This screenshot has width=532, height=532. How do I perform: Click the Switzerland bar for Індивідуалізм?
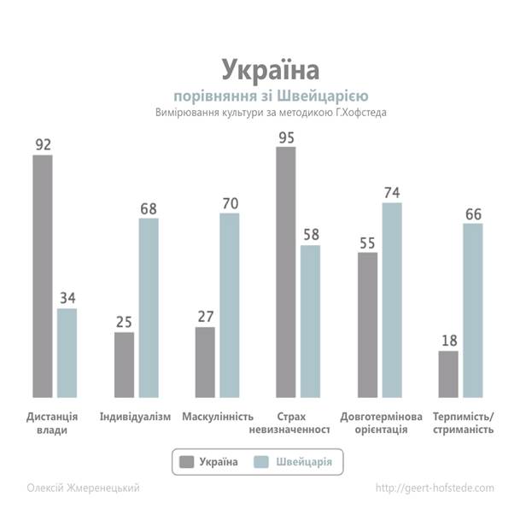(x=149, y=307)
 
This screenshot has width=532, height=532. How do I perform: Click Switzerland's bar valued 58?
(x=311, y=321)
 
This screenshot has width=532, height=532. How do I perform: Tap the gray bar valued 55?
(x=367, y=324)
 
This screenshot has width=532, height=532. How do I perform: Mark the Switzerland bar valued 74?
(x=392, y=300)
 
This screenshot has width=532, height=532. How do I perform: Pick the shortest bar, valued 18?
(x=448, y=374)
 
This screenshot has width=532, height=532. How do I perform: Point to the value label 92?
(x=43, y=144)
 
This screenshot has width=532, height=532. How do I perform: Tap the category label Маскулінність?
(x=218, y=417)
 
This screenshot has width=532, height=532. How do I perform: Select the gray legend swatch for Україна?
(x=187, y=463)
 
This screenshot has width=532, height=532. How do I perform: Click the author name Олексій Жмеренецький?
(x=83, y=488)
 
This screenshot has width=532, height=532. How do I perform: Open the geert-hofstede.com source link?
(x=435, y=488)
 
